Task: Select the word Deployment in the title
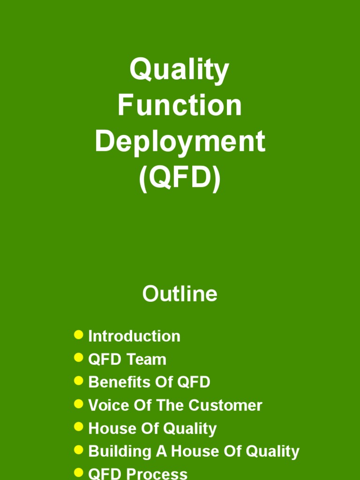click(180, 142)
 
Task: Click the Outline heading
click(180, 294)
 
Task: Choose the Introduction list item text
click(134, 336)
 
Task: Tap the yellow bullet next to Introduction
click(79, 335)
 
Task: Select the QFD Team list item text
click(127, 360)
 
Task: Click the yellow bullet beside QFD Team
click(79, 358)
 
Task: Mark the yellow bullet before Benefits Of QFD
click(79, 381)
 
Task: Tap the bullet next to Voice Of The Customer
click(79, 404)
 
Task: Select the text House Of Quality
click(152, 428)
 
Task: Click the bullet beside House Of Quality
click(79, 427)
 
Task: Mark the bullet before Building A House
click(79, 450)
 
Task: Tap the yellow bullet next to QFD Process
click(79, 472)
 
